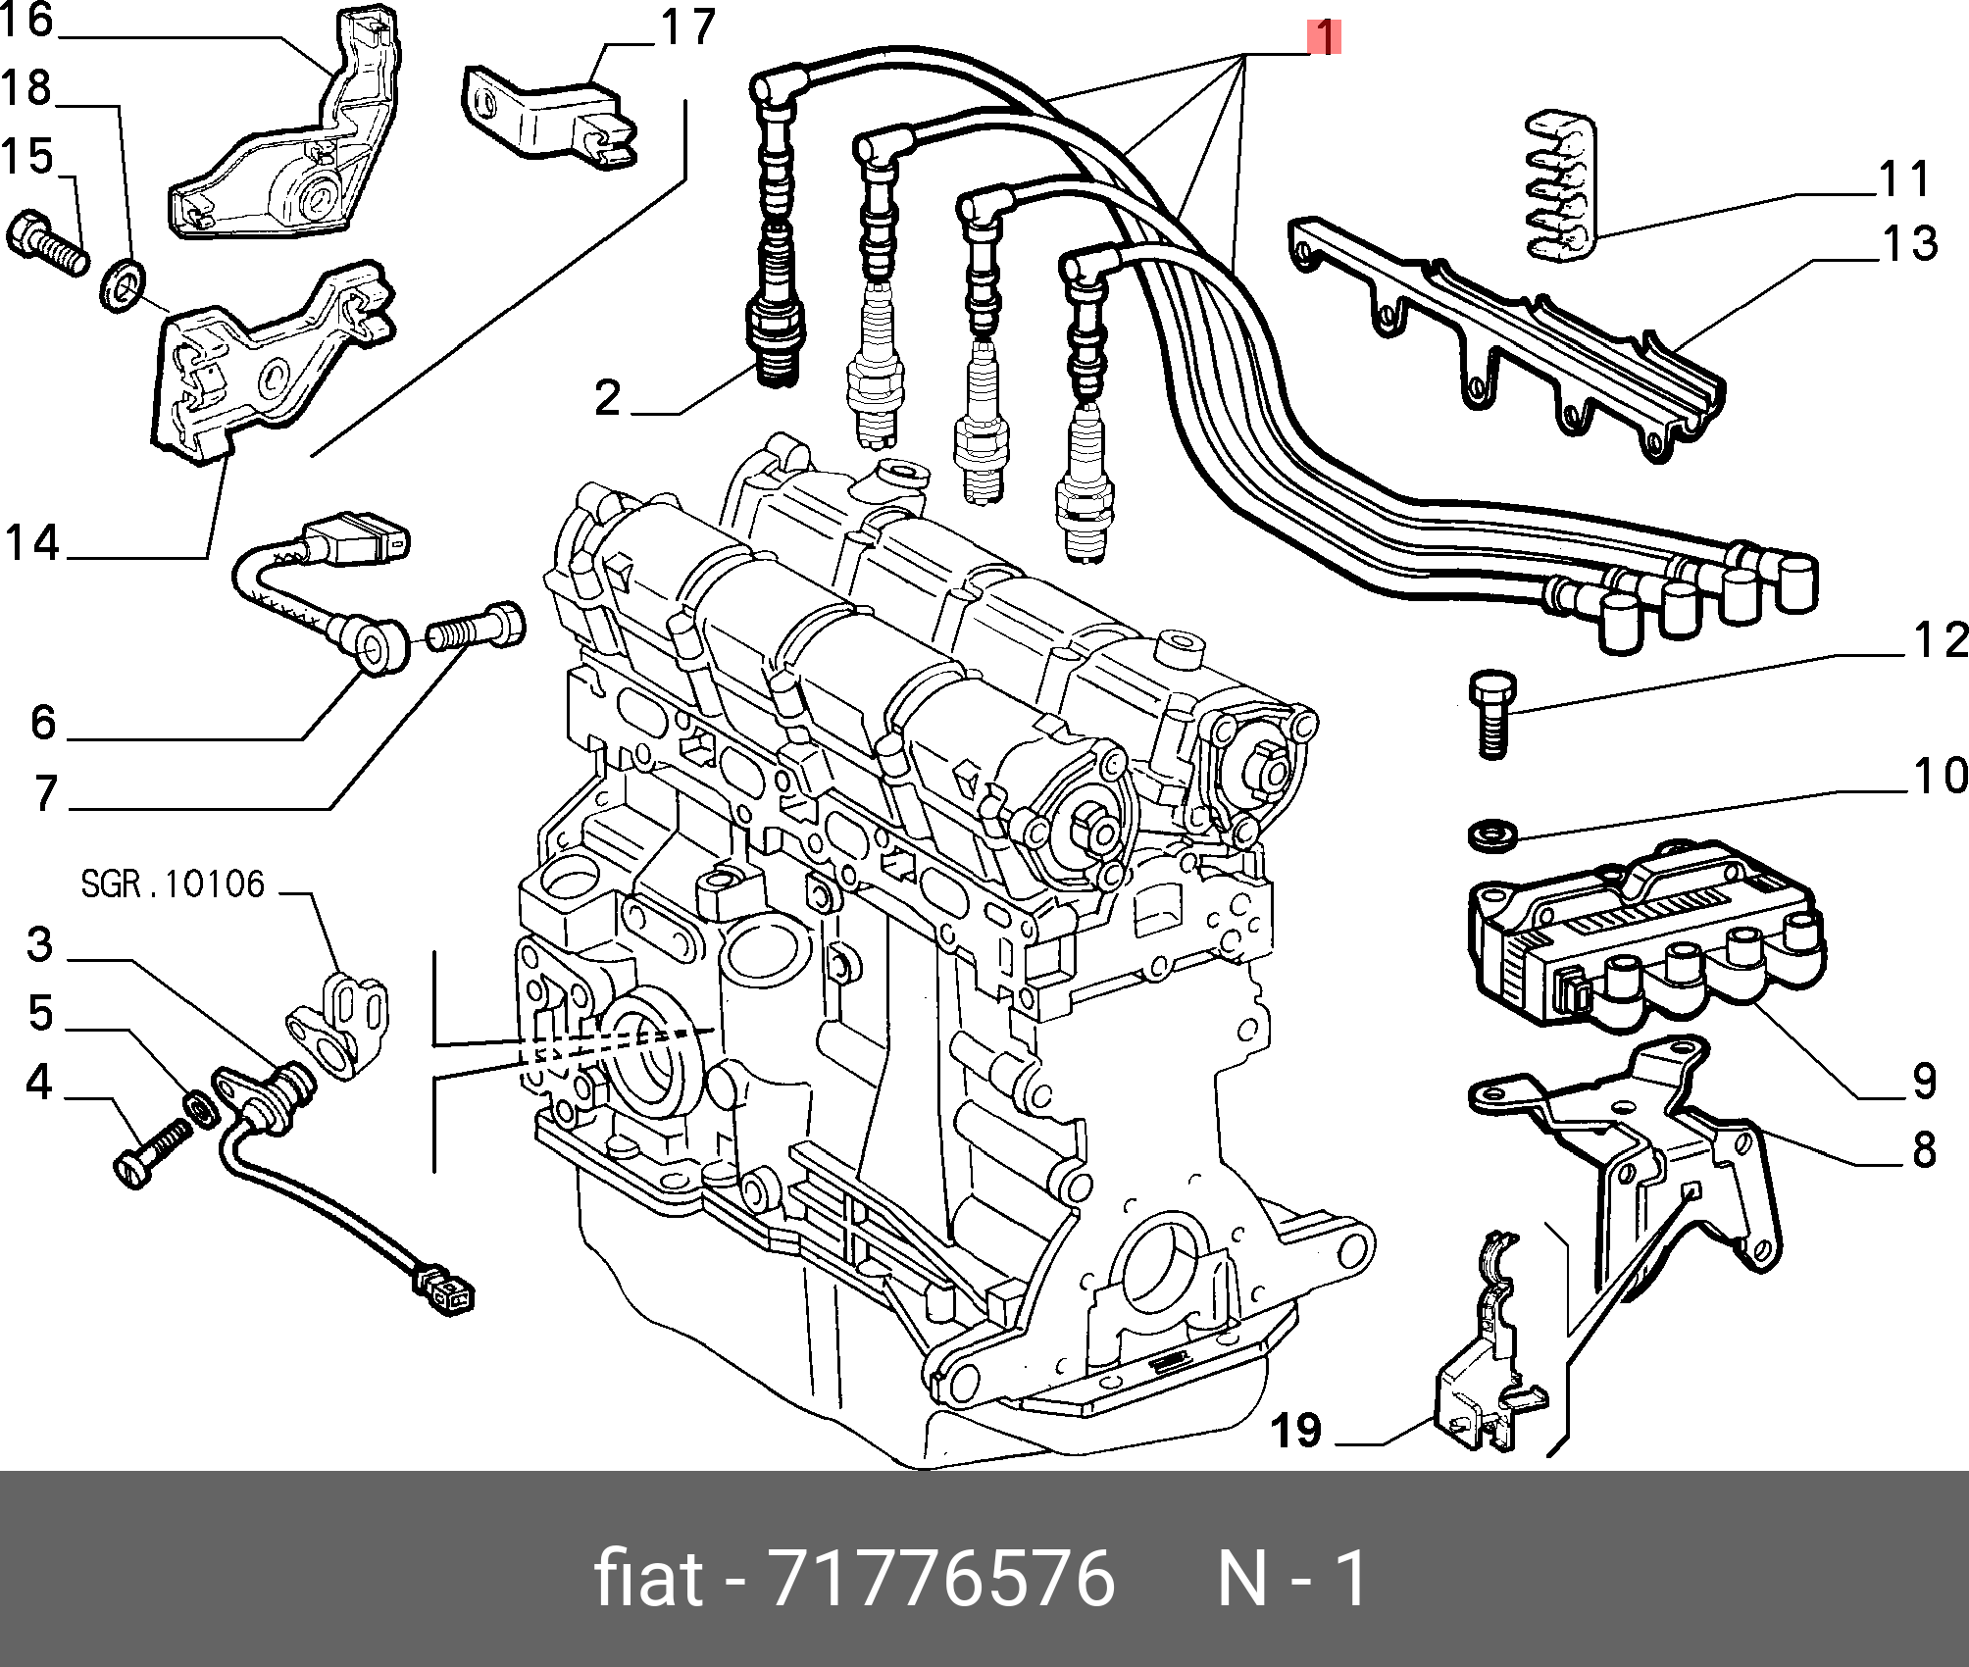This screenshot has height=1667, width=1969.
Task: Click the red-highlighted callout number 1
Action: [x=1324, y=38]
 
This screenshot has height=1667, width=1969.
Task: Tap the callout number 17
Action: [x=688, y=27]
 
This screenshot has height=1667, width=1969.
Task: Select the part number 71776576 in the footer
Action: [x=942, y=1580]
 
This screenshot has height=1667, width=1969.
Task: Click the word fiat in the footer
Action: [x=648, y=1580]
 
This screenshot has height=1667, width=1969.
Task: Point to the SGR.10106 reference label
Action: [x=173, y=884]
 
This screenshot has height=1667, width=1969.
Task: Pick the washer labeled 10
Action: [x=1492, y=836]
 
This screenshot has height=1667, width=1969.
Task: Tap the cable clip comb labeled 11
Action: [x=1561, y=186]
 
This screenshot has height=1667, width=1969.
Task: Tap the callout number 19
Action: [x=1296, y=1431]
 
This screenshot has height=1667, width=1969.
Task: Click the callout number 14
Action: [x=32, y=543]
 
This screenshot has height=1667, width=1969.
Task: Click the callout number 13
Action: [x=1910, y=243]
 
